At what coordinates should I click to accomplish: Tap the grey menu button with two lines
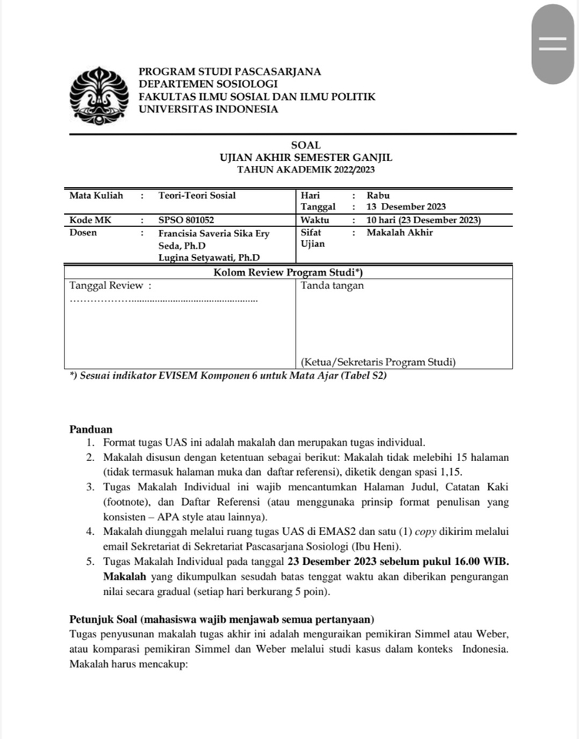[x=553, y=44]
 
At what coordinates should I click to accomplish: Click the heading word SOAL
[x=306, y=145]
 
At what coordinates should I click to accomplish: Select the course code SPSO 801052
[x=186, y=219]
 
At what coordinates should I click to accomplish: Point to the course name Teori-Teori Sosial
[x=197, y=196]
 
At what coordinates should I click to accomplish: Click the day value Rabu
[x=378, y=196]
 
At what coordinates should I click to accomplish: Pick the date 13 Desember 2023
[x=406, y=207]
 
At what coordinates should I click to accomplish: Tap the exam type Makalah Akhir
[x=400, y=232]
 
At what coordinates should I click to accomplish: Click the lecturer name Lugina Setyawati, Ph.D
[x=209, y=257]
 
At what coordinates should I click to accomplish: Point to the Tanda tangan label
[x=333, y=286]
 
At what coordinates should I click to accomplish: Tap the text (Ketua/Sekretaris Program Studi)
[x=378, y=361]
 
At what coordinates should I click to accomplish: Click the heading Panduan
[x=91, y=430]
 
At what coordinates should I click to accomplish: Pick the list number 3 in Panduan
[x=89, y=487]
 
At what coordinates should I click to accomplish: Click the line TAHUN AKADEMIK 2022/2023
[x=306, y=169]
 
